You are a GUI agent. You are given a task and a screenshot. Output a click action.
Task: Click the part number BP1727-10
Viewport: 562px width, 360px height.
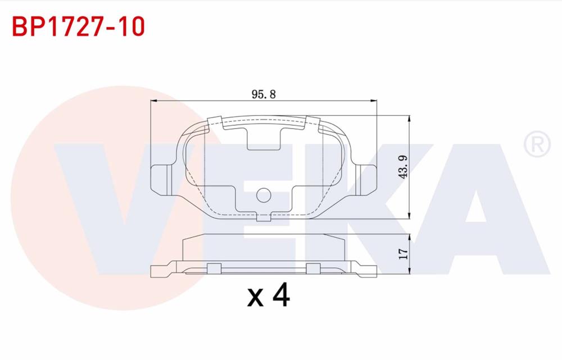78,26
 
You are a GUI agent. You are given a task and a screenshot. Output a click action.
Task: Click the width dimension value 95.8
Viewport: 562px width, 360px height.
264,94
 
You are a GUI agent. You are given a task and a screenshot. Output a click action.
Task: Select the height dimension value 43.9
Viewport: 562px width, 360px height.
402,167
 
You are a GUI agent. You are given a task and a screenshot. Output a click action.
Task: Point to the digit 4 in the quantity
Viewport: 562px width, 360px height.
280,296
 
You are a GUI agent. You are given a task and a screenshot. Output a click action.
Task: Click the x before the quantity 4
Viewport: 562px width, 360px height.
256,298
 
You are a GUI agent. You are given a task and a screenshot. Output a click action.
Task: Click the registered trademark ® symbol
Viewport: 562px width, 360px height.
536,144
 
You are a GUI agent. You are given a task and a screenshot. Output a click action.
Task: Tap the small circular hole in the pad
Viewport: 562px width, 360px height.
264,195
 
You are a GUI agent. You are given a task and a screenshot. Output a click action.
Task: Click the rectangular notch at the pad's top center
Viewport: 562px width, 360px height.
264,138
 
